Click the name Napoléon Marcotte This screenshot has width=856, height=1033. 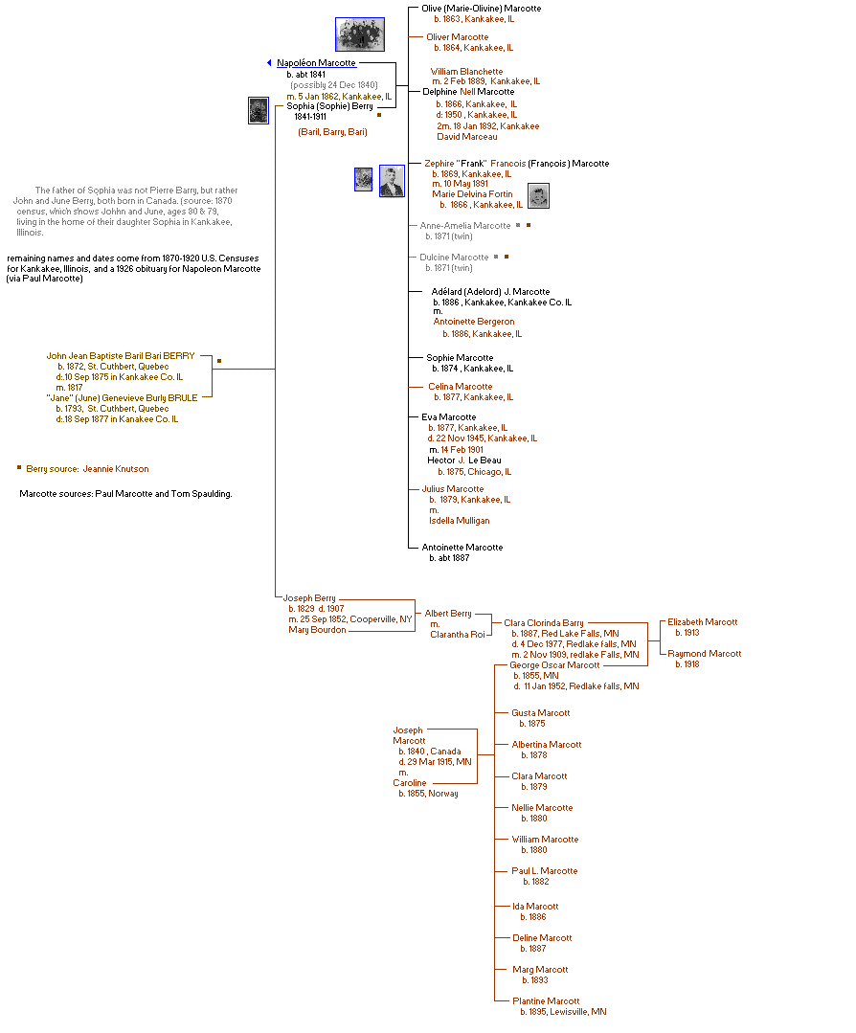click(x=316, y=63)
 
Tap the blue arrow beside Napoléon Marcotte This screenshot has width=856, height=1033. click(x=269, y=63)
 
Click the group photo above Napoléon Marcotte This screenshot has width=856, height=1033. click(x=360, y=34)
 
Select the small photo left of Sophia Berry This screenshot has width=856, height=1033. click(x=258, y=110)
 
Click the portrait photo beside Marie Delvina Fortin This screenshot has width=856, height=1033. click(x=539, y=196)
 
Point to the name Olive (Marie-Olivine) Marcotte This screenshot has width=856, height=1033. click(x=481, y=9)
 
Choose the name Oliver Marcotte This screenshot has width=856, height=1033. click(x=457, y=37)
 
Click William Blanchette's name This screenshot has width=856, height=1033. click(x=466, y=72)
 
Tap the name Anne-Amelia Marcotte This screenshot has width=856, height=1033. click(x=465, y=226)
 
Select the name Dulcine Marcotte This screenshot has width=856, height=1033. click(x=454, y=258)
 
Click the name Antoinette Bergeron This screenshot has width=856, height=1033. click(x=473, y=322)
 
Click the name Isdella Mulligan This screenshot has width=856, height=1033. click(x=459, y=521)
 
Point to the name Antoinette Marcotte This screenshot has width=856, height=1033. click(x=462, y=548)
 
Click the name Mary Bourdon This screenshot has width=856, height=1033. click(x=317, y=630)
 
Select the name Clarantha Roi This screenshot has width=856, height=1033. click(x=457, y=634)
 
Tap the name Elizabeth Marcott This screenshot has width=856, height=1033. click(x=702, y=622)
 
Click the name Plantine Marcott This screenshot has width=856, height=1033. click(x=546, y=1001)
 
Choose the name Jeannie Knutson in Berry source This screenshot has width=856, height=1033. click(x=115, y=469)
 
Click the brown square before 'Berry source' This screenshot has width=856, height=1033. click(x=18, y=468)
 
